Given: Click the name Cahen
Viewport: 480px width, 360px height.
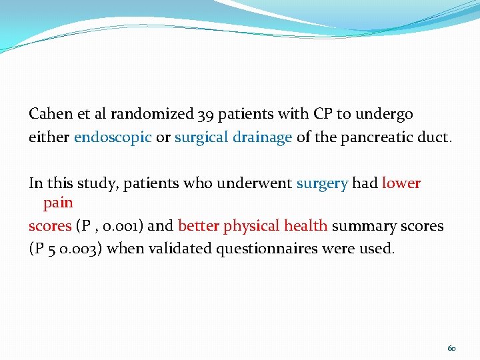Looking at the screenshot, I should [49, 114].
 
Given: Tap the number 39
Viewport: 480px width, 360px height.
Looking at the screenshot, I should [206, 114].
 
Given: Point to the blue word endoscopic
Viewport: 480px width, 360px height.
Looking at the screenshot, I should [113, 138].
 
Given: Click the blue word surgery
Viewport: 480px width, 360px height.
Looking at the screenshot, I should [322, 183].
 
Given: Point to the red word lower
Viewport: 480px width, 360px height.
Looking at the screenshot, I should [401, 183].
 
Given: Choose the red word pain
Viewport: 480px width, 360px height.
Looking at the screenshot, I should [58, 201].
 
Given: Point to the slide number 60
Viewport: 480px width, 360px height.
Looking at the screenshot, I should [451, 349].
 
